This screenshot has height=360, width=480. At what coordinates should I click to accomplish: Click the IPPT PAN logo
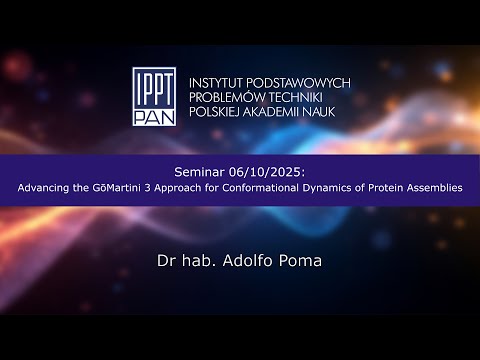pos(156,97)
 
